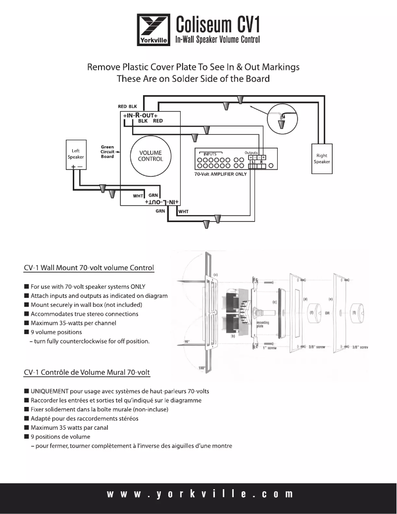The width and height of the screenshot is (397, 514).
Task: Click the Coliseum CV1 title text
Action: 218,24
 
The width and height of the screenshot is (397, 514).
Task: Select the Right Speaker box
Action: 321,158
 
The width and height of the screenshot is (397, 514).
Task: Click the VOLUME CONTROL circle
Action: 149,156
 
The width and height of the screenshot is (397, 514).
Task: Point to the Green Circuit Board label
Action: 107,151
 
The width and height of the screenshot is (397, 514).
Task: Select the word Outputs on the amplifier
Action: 252,152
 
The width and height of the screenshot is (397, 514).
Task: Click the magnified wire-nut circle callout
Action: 281,117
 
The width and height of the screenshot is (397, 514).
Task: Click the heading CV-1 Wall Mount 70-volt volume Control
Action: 89,268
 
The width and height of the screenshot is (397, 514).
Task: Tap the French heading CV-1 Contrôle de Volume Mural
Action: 88,372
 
